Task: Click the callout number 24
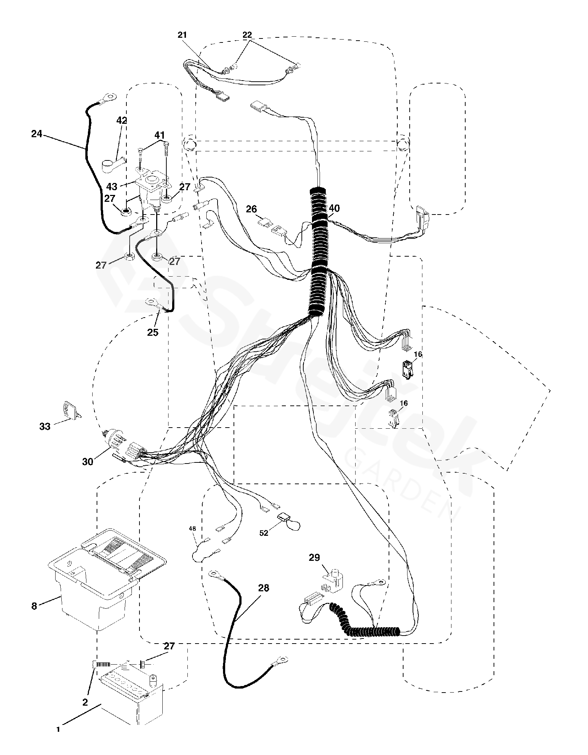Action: click(x=36, y=134)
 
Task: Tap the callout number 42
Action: click(x=122, y=121)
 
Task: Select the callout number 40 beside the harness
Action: click(x=334, y=208)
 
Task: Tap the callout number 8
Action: click(x=34, y=606)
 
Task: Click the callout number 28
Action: click(x=264, y=588)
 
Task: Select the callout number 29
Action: click(x=314, y=558)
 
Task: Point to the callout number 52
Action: click(x=264, y=533)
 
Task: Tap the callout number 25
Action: click(x=153, y=332)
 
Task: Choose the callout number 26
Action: click(x=251, y=209)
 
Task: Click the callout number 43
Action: click(x=112, y=187)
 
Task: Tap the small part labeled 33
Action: click(x=71, y=409)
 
